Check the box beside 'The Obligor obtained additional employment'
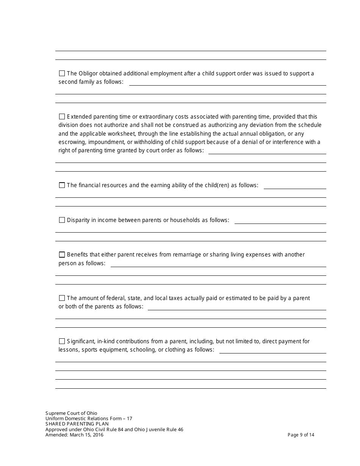(x=62, y=73)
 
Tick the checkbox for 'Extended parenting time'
(x=62, y=117)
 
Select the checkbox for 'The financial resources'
(x=62, y=185)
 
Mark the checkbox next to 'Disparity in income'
(x=62, y=220)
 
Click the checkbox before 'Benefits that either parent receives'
(x=62, y=255)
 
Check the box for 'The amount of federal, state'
(x=62, y=298)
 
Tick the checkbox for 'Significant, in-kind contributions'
(x=62, y=341)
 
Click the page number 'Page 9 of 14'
(x=301, y=435)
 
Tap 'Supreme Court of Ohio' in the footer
(x=71, y=413)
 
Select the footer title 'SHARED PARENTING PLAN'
(x=77, y=424)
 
